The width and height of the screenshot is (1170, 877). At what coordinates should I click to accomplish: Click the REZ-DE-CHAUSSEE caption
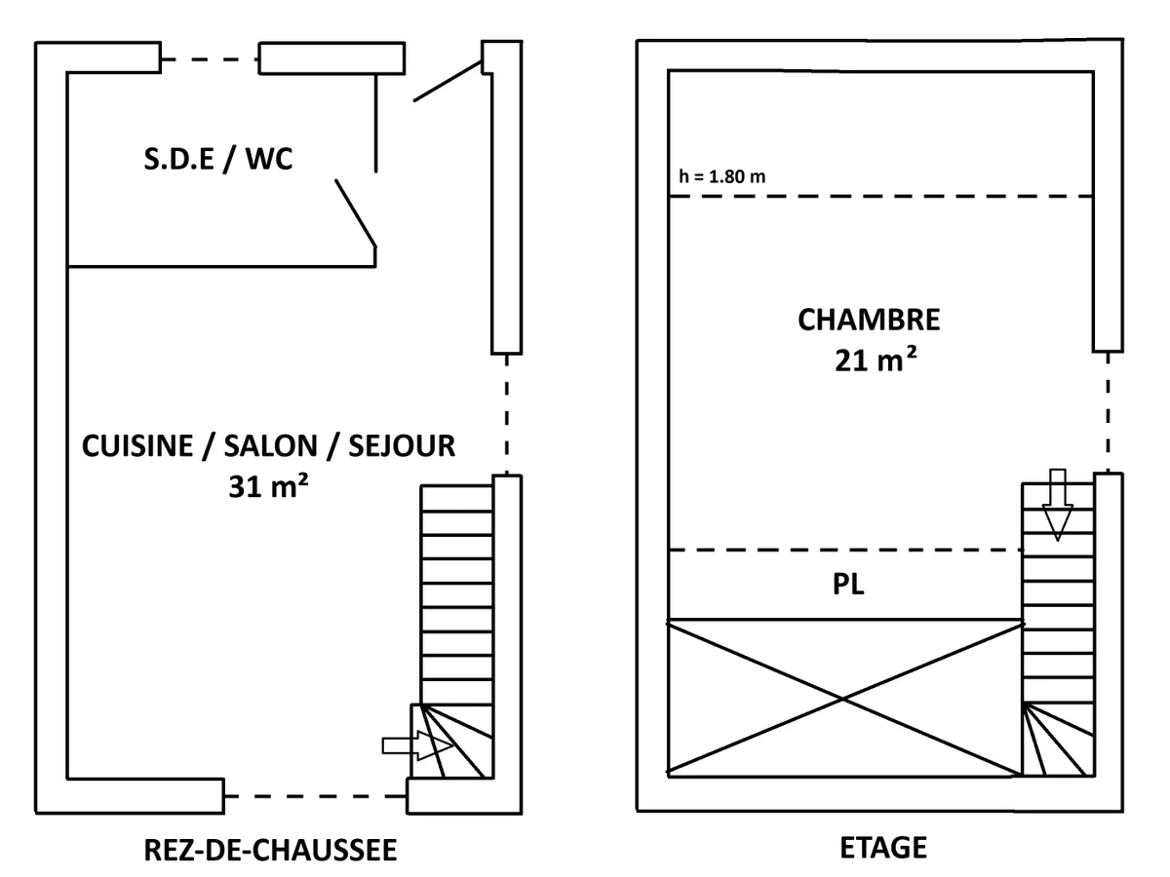click(x=270, y=850)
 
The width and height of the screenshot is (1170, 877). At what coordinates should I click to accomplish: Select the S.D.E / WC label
click(x=218, y=159)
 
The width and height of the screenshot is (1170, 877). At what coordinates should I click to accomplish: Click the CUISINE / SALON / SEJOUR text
click(x=268, y=446)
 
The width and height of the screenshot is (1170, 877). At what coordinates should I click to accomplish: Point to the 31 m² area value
click(x=267, y=486)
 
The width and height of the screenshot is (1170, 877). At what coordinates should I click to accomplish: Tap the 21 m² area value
click(x=875, y=361)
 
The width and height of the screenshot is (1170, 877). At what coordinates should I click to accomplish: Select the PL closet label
click(x=850, y=587)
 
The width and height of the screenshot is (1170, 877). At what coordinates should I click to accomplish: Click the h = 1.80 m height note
click(x=721, y=178)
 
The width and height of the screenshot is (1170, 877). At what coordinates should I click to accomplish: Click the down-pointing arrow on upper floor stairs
click(x=1058, y=504)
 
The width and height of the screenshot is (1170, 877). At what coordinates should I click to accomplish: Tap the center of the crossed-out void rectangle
click(x=843, y=698)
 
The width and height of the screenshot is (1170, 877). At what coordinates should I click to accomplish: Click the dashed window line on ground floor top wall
click(x=210, y=59)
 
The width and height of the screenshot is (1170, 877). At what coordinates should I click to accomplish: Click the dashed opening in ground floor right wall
click(x=505, y=413)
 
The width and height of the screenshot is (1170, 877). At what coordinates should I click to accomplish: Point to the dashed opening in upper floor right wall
click(x=1107, y=411)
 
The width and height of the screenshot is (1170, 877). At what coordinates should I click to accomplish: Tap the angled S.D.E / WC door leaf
click(x=356, y=210)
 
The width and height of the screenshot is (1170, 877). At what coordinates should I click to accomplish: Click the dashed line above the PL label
click(x=844, y=551)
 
